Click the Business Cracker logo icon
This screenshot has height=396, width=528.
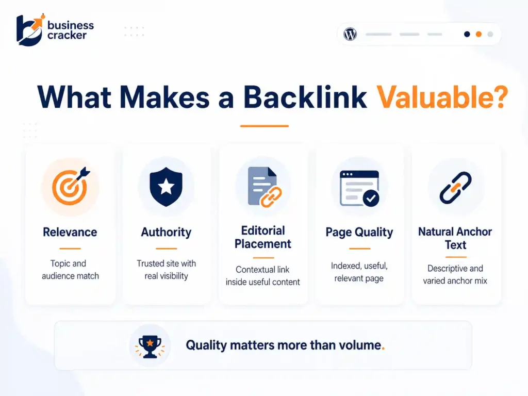[x=29, y=30]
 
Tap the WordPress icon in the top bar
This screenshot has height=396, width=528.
[x=350, y=35]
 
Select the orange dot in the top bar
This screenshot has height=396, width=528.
[x=478, y=35]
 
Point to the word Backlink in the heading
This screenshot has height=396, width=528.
[x=305, y=97]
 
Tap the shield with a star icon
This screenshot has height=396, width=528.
[x=166, y=186]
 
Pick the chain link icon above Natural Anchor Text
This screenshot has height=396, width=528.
[x=455, y=187]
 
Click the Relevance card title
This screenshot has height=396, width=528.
[x=70, y=232]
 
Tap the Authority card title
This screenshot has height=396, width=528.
[x=166, y=232]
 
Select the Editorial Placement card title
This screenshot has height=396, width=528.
[x=263, y=237]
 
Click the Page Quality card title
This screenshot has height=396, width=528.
[x=359, y=232]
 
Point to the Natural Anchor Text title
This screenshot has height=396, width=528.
[x=455, y=238]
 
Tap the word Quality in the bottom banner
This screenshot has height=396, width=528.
[x=207, y=345]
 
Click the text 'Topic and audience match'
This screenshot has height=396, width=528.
[x=70, y=270]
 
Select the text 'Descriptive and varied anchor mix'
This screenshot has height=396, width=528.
[x=455, y=275]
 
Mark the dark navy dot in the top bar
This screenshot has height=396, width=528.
[x=467, y=35]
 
